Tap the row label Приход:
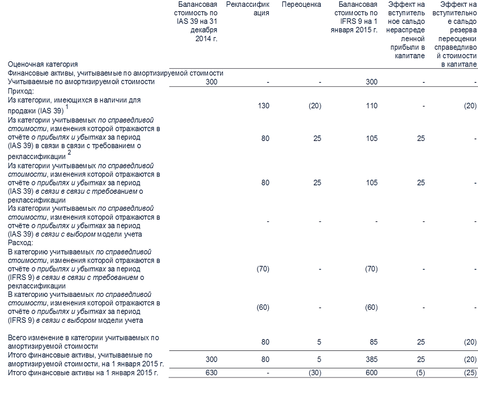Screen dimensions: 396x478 (x=20, y=90)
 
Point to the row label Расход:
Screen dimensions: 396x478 (x=21, y=242)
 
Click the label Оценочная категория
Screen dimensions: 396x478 (x=43, y=65)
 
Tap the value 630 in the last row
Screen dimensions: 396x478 (x=210, y=372)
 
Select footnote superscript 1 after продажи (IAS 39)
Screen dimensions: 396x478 (x=67, y=107)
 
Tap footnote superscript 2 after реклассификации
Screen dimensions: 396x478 (x=69, y=152)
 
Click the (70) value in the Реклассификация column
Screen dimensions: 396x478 (x=262, y=269)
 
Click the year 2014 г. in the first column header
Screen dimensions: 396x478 (x=206, y=38)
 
